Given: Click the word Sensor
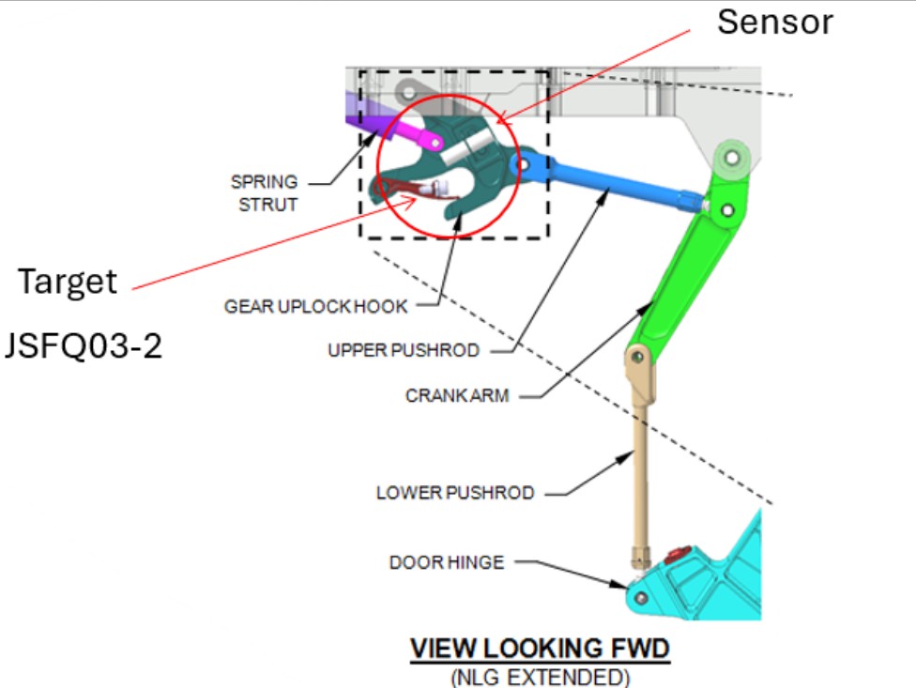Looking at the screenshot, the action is point(774,23).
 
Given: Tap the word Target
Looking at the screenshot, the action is point(68,283).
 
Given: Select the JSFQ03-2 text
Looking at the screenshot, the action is point(83,345).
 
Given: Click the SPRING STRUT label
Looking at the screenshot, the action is point(265,193).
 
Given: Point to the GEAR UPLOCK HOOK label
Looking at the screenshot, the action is point(315,307).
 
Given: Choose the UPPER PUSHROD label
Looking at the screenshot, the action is point(404,350).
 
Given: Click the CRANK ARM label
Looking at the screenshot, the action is point(457,396).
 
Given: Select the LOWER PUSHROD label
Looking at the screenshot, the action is point(455,493).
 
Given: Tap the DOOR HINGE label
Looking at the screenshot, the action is point(447,562).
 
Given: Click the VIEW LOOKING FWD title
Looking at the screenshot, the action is point(540,649).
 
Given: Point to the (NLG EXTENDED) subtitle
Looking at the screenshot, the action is point(541,678).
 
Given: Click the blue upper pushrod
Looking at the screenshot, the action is point(607,181).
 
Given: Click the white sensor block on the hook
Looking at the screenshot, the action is point(466,148).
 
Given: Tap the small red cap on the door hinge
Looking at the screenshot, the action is point(678,553).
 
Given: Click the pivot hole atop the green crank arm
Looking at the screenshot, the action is point(732,157).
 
